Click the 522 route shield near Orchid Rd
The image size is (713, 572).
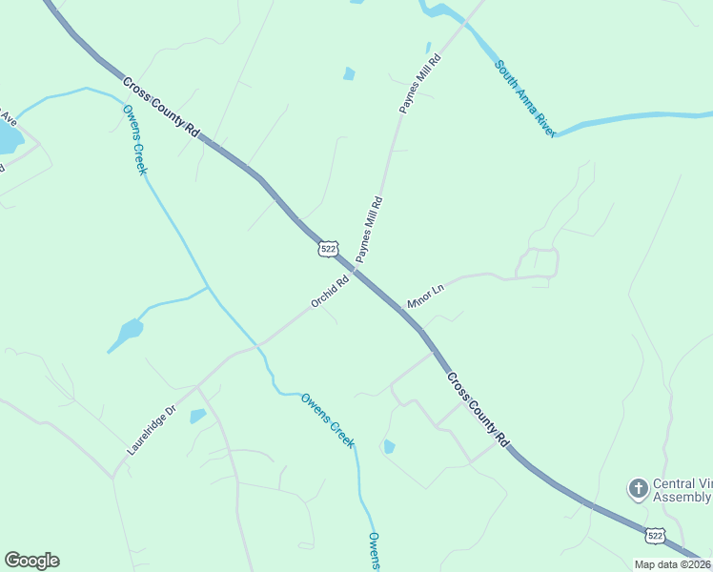click(328, 248)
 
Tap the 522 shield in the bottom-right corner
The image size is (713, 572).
click(655, 537)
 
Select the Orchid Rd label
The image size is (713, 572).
click(330, 292)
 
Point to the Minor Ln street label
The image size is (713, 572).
click(425, 296)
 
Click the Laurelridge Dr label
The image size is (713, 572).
click(152, 430)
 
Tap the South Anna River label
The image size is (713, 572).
click(524, 99)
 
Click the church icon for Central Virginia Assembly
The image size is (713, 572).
click(638, 489)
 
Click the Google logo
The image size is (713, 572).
click(31, 561)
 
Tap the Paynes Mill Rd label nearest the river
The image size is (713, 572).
click(420, 85)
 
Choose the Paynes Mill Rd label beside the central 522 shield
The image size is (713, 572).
click(369, 230)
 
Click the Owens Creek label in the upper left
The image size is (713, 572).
click(135, 139)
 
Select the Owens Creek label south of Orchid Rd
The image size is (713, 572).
click(328, 419)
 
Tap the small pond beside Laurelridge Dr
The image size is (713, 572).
click(197, 416)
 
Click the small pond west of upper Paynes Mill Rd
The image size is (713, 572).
click(349, 73)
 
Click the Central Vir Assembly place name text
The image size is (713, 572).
click(681, 490)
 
